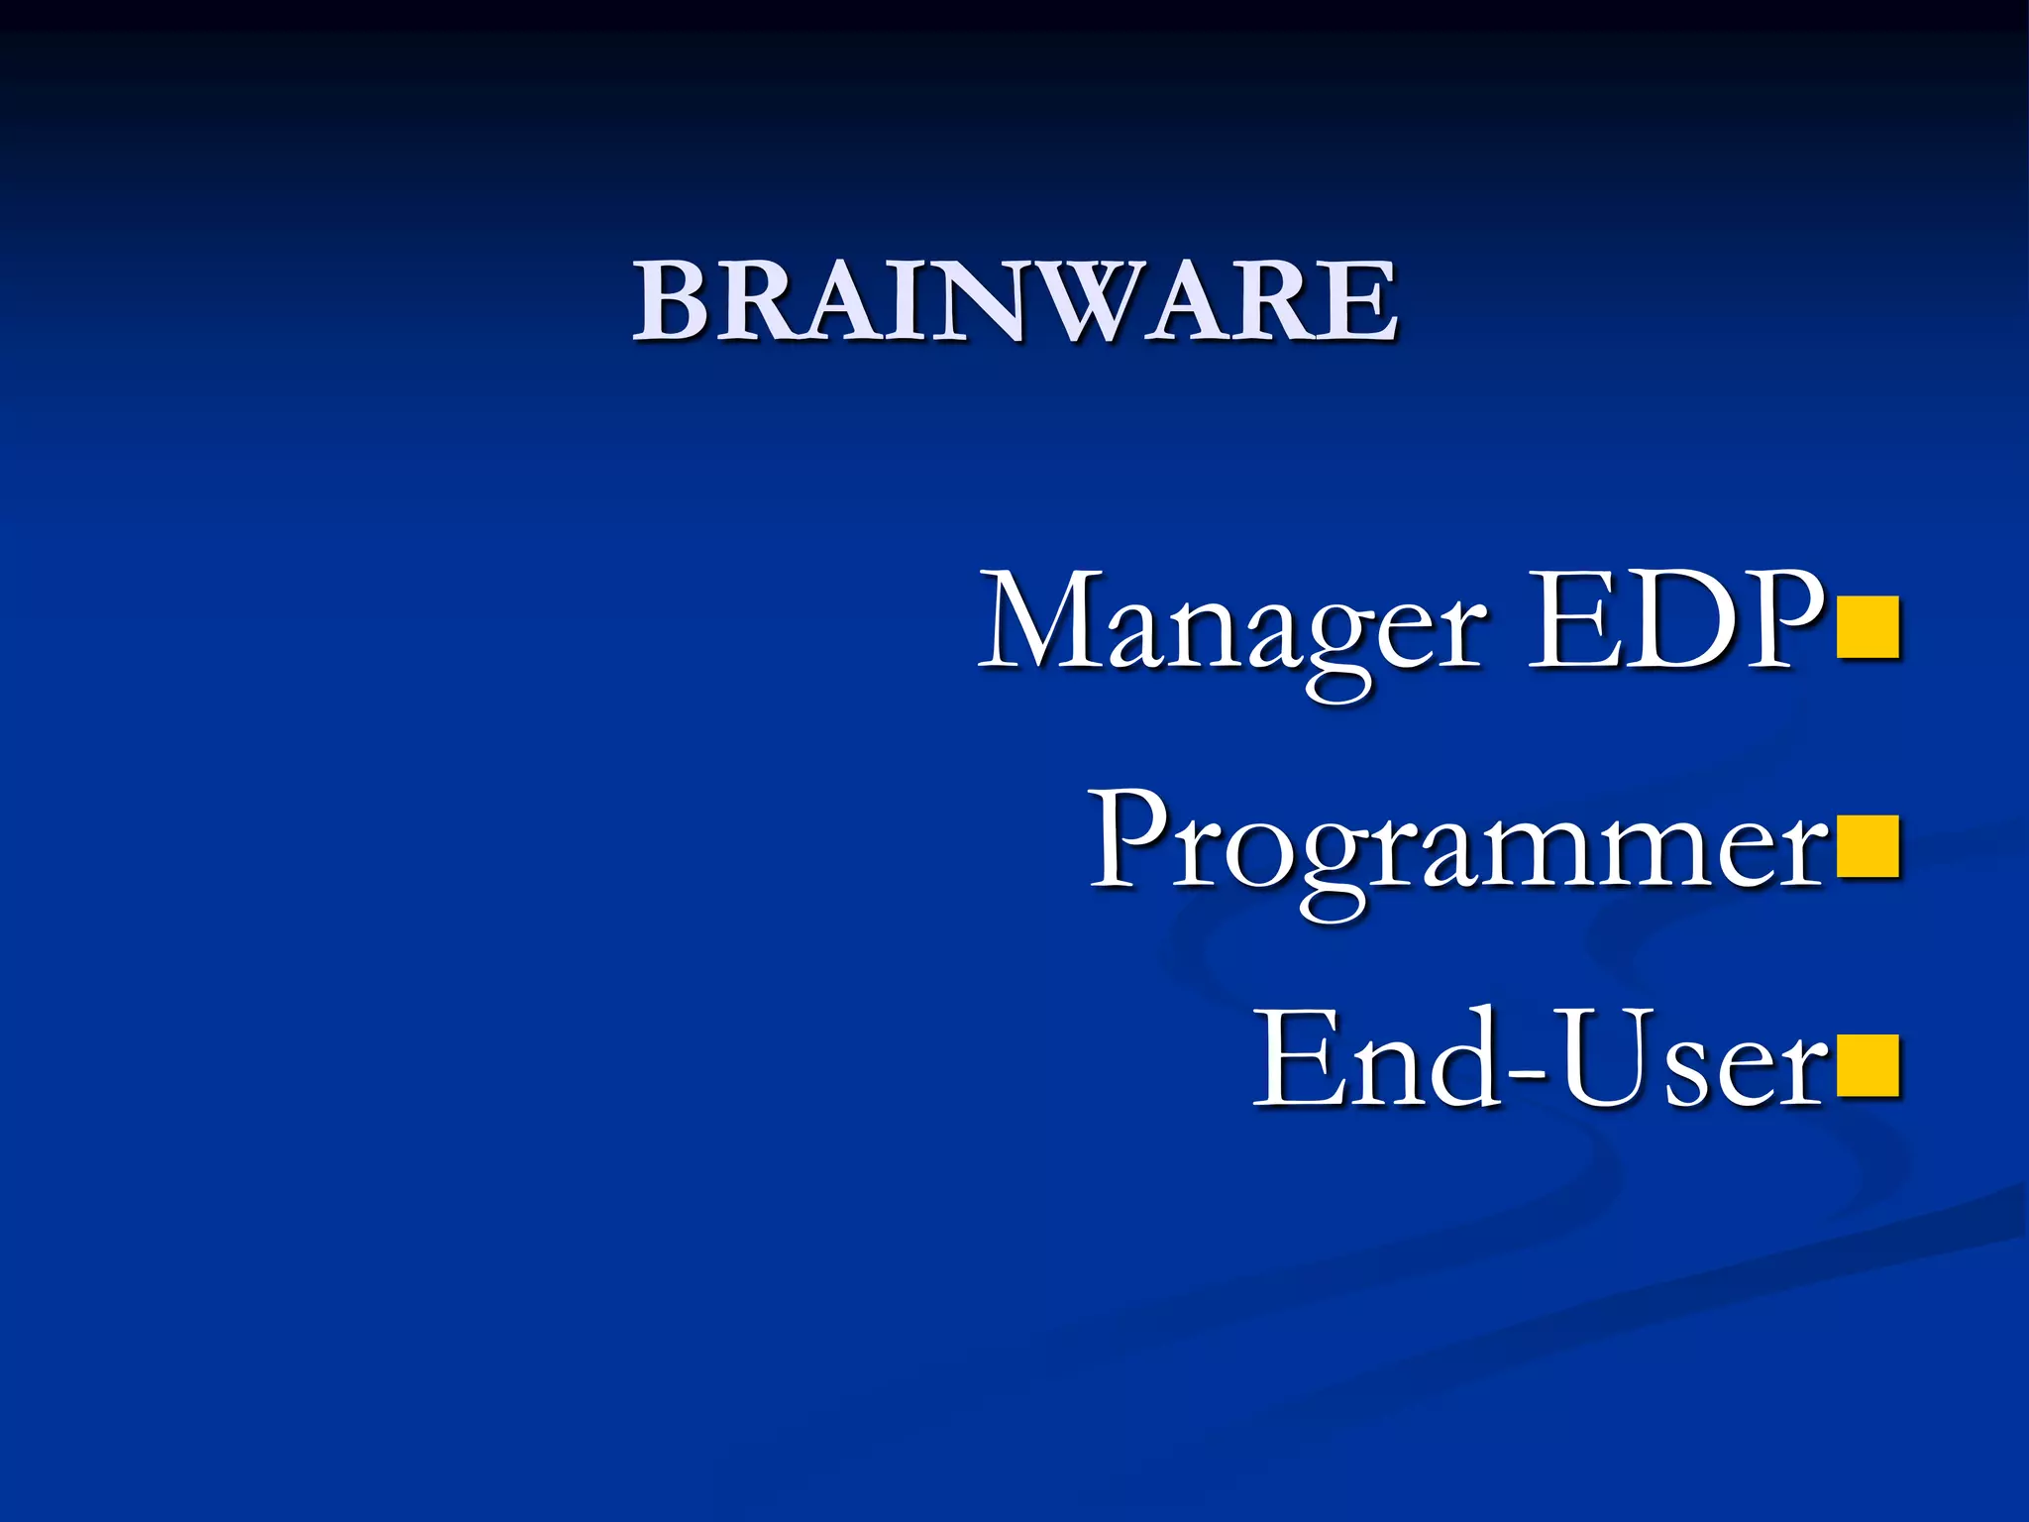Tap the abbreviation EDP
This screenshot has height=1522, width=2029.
pyautogui.click(x=1674, y=622)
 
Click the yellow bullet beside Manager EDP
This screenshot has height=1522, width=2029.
pyautogui.click(x=1868, y=627)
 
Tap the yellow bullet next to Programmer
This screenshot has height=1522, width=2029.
pyautogui.click(x=1868, y=847)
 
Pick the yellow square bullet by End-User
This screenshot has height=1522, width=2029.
pyautogui.click(x=1868, y=1066)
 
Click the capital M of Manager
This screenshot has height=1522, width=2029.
pyautogui.click(x=1040, y=622)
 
